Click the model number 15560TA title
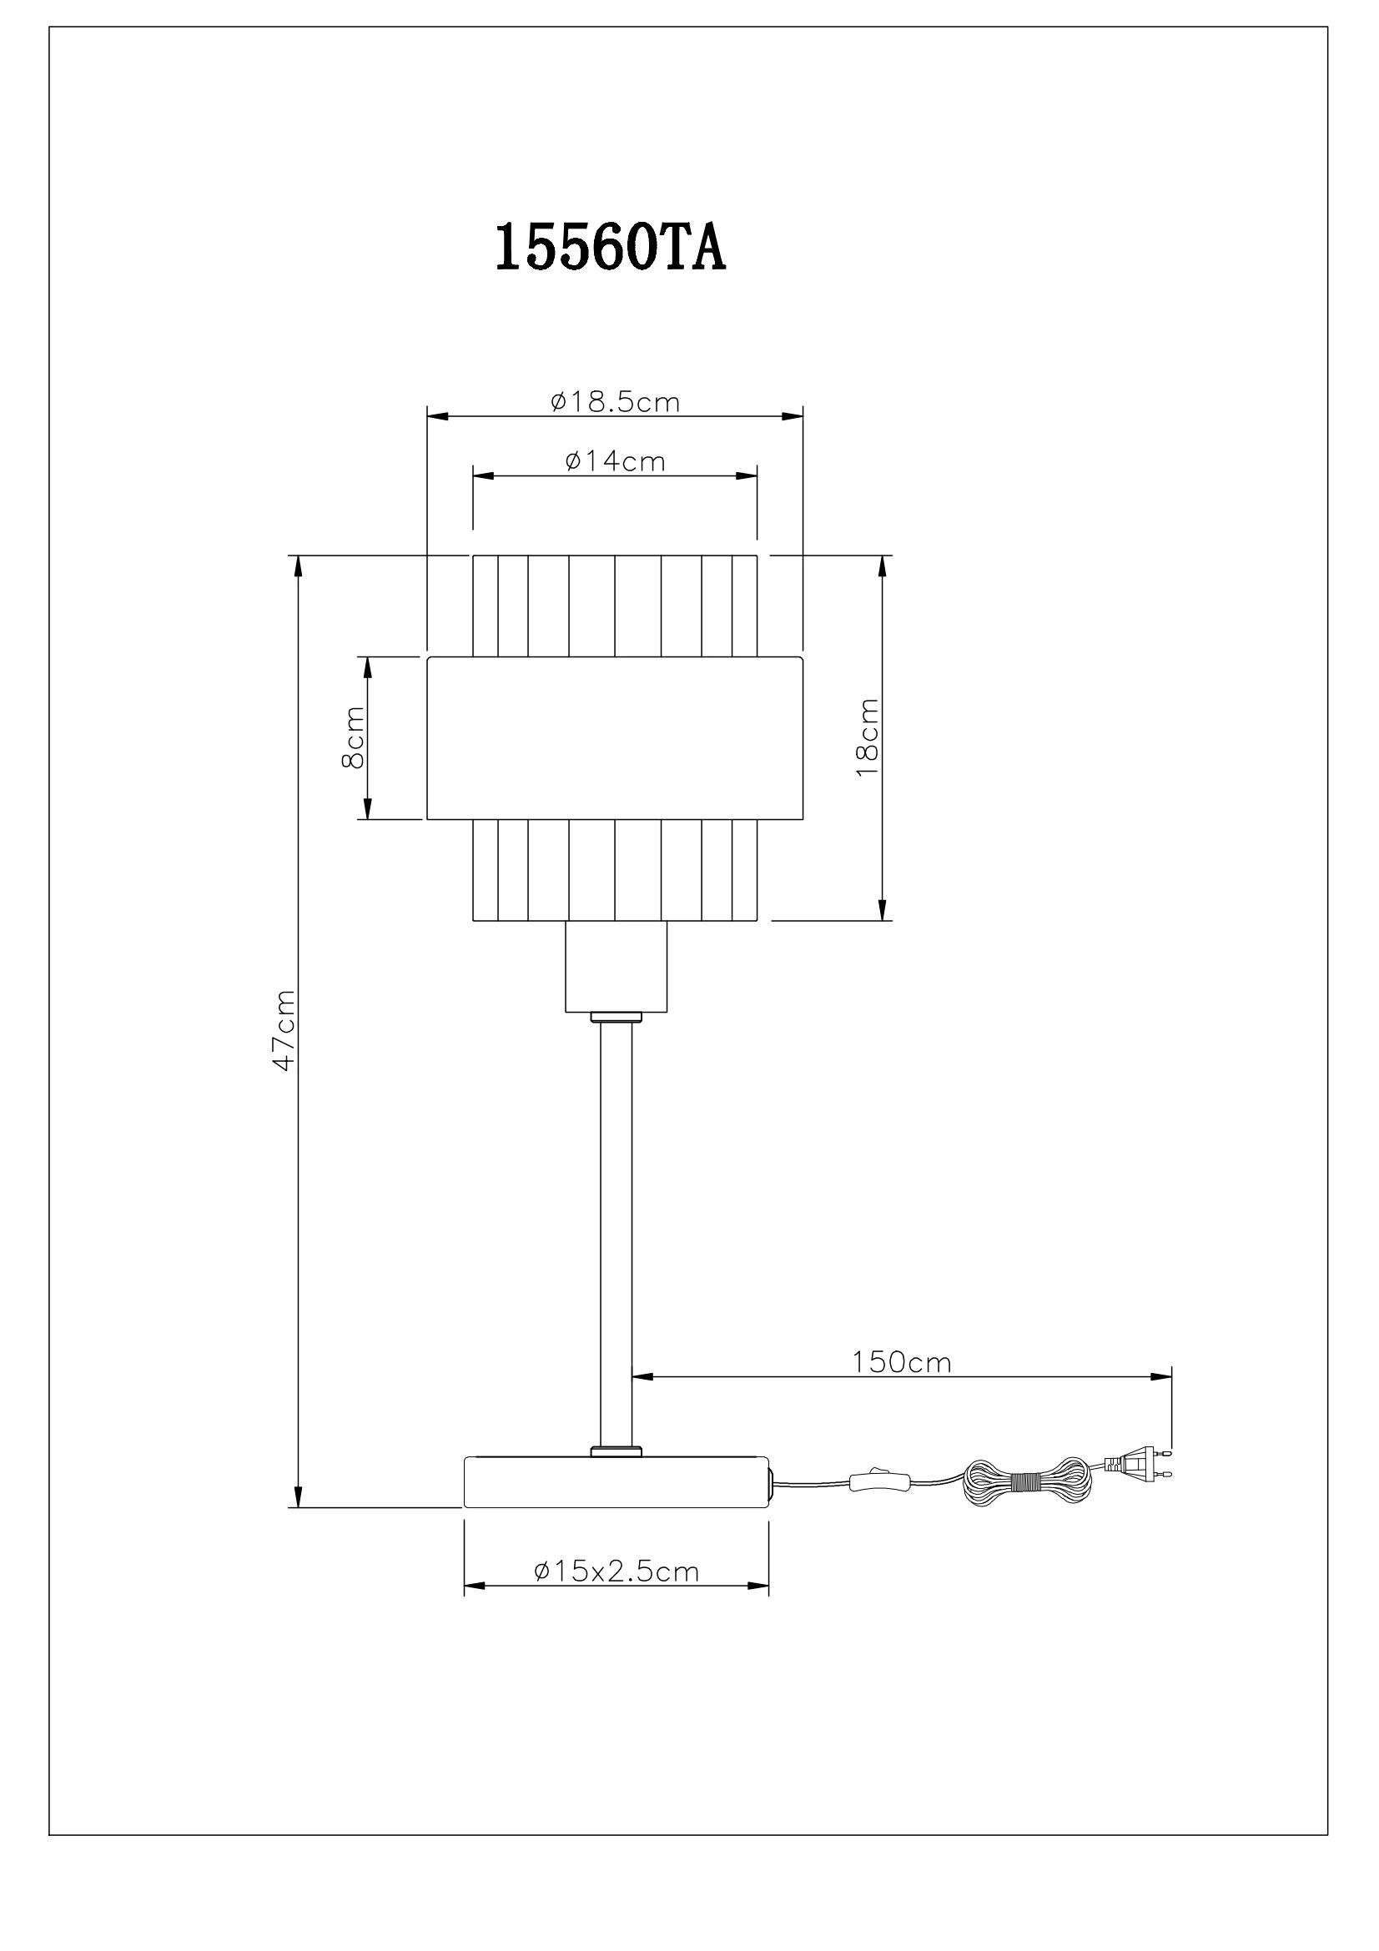[x=610, y=248]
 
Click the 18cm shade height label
[x=868, y=737]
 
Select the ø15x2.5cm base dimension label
[x=616, y=1572]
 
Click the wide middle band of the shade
[x=614, y=737]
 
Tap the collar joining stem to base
[x=616, y=1450]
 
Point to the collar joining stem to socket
[x=616, y=1017]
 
